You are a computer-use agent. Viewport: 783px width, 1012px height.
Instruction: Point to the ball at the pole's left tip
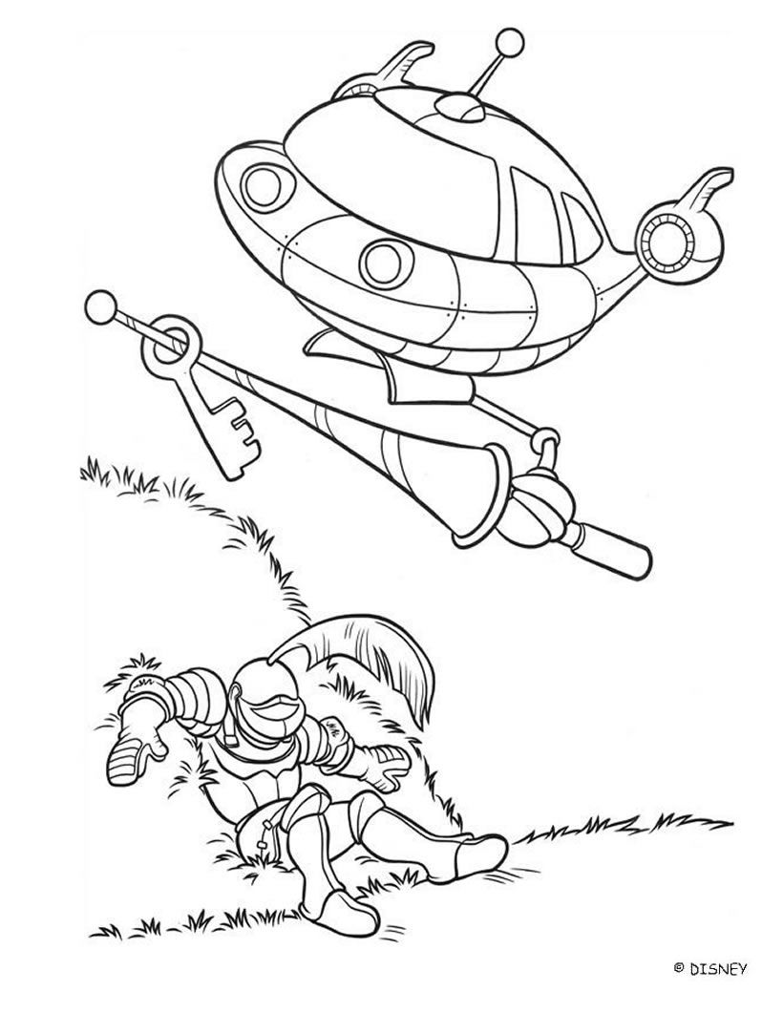click(99, 306)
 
